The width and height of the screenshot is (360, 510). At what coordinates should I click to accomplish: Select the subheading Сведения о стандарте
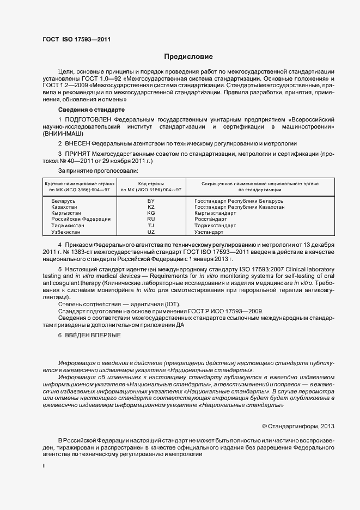tap(86, 110)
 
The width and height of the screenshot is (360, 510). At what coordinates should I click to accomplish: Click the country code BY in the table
tap(151, 201)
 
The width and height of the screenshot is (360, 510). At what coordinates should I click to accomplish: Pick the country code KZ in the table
tap(151, 207)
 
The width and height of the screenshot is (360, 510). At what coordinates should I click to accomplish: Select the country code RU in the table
tap(151, 219)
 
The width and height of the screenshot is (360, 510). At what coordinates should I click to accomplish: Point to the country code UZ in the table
tap(151, 232)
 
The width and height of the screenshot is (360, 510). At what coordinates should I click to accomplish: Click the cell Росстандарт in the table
tap(211, 219)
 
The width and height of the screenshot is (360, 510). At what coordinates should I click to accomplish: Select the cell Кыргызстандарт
tap(216, 213)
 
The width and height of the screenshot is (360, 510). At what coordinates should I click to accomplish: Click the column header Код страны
tap(151, 184)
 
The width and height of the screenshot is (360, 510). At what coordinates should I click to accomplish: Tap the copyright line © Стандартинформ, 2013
tap(298, 426)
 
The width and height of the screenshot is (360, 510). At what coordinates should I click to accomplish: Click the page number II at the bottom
tap(44, 466)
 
